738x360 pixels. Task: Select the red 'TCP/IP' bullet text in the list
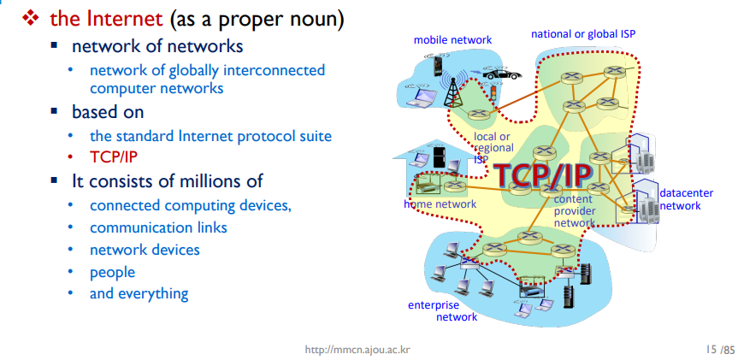coord(113,157)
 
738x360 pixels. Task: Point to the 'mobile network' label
coord(452,39)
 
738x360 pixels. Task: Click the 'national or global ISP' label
coord(582,34)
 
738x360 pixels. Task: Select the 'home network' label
coord(440,204)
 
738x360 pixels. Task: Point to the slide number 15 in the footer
coord(708,350)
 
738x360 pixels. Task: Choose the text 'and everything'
coord(139,293)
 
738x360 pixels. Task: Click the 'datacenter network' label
coord(680,198)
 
